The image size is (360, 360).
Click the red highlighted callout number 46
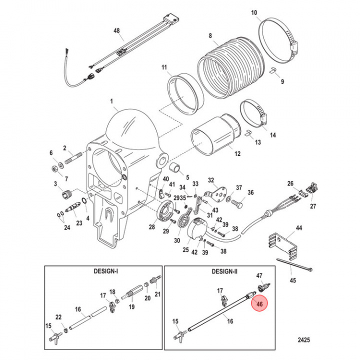[x=259, y=304]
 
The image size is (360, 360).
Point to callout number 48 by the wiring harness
[x=117, y=31]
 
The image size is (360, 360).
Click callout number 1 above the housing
[x=113, y=102]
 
